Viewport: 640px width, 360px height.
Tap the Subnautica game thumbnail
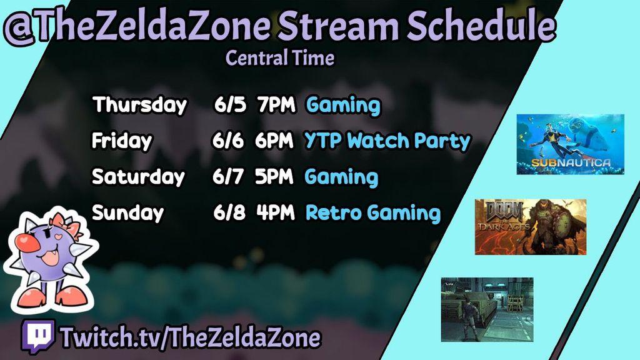click(x=570, y=144)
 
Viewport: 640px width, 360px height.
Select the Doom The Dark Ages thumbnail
click(x=531, y=227)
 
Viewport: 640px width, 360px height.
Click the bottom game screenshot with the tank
click(x=487, y=309)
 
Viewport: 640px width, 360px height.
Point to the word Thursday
click(x=139, y=105)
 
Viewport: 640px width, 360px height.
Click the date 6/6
click(x=228, y=141)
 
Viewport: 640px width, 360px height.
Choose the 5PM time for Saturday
click(x=274, y=177)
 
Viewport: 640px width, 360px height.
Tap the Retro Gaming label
click(x=373, y=213)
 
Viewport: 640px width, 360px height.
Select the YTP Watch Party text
click(x=387, y=141)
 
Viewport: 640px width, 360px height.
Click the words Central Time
click(x=280, y=58)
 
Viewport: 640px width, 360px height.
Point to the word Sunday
click(x=127, y=213)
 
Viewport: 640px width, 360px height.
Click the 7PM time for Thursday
click(x=276, y=105)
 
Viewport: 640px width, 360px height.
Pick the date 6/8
click(x=229, y=212)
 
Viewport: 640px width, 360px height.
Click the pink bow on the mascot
click(x=68, y=224)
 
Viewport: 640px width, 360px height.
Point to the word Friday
click(x=122, y=141)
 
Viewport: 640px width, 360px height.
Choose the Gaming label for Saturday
click(x=341, y=177)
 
